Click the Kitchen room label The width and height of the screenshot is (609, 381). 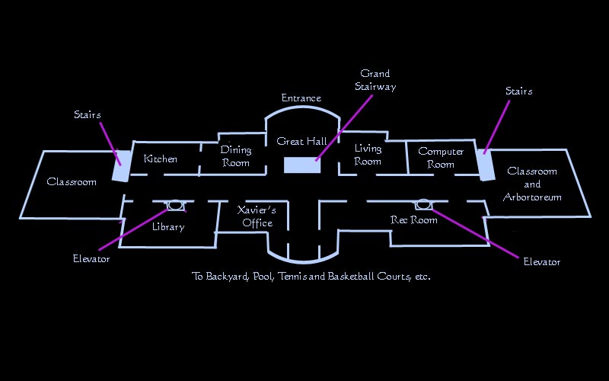pos(161,159)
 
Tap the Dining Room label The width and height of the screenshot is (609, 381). pos(236,156)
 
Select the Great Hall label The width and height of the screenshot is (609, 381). pos(301,142)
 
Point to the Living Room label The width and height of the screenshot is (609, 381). pos(368,155)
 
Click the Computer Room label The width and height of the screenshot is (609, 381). pos(441,158)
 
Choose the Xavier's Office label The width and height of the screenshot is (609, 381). pos(257,216)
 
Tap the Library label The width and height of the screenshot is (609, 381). pos(168,227)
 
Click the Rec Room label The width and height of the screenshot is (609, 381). pos(414,220)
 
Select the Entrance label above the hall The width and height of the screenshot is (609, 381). pos(301,98)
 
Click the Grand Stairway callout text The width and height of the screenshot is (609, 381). pos(375,80)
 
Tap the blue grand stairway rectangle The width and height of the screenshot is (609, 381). pos(302,165)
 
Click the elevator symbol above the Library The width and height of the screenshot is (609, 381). pos(175,205)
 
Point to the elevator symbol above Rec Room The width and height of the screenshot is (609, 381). pos(422,204)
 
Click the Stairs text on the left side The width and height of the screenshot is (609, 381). pos(88,115)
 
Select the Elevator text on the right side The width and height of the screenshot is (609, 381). pos(542,262)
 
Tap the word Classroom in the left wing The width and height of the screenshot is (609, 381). pos(72,182)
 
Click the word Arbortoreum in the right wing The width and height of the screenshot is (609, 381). pos(533,197)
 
